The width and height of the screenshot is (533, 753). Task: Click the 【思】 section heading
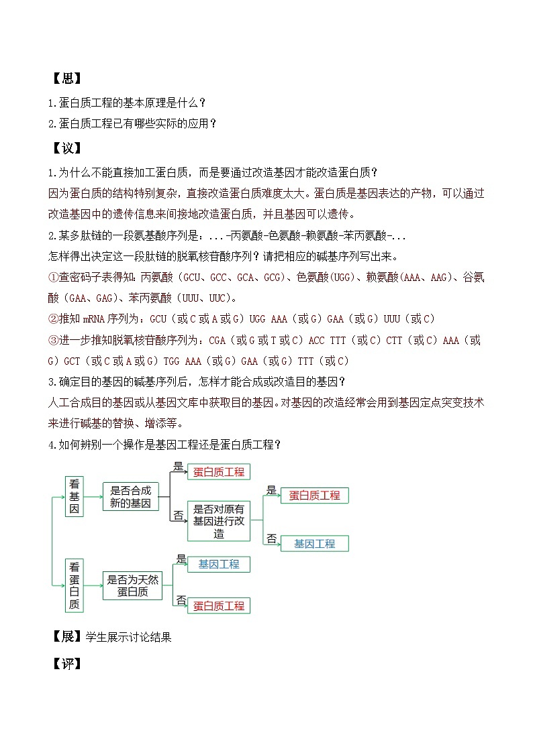click(66, 78)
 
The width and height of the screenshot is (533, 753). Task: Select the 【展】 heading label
click(66, 636)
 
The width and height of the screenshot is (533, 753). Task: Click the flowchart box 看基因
click(75, 497)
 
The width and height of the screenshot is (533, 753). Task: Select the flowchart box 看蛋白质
click(75, 585)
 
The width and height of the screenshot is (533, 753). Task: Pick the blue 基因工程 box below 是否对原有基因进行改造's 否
click(314, 543)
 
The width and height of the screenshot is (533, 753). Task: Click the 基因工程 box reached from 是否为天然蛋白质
click(218, 565)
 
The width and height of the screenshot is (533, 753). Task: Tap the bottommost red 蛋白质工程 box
click(218, 605)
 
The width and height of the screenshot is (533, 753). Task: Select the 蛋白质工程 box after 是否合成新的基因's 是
click(218, 471)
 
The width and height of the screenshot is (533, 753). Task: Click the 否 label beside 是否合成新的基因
click(179, 515)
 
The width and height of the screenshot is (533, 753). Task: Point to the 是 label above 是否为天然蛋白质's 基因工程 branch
click(181, 558)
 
